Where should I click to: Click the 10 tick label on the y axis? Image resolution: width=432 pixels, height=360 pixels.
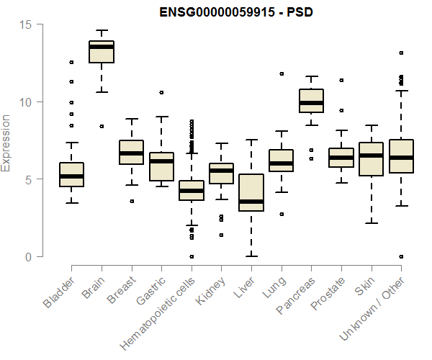[26, 102]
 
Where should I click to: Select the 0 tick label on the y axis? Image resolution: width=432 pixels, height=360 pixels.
[29, 257]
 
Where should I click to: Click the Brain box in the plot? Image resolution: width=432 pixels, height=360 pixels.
[102, 52]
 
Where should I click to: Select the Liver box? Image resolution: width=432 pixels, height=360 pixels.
[251, 193]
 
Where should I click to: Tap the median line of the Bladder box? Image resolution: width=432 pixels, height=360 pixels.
[71, 176]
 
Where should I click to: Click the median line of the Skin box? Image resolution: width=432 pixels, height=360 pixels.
[371, 156]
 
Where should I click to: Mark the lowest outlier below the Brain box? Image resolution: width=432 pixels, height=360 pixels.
[102, 126]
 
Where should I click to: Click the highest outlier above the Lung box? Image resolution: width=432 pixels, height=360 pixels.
[282, 73]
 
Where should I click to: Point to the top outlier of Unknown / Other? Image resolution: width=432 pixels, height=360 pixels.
[401, 53]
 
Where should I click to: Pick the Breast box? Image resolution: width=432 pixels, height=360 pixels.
[131, 153]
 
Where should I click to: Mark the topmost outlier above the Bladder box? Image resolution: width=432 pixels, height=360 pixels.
[71, 62]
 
